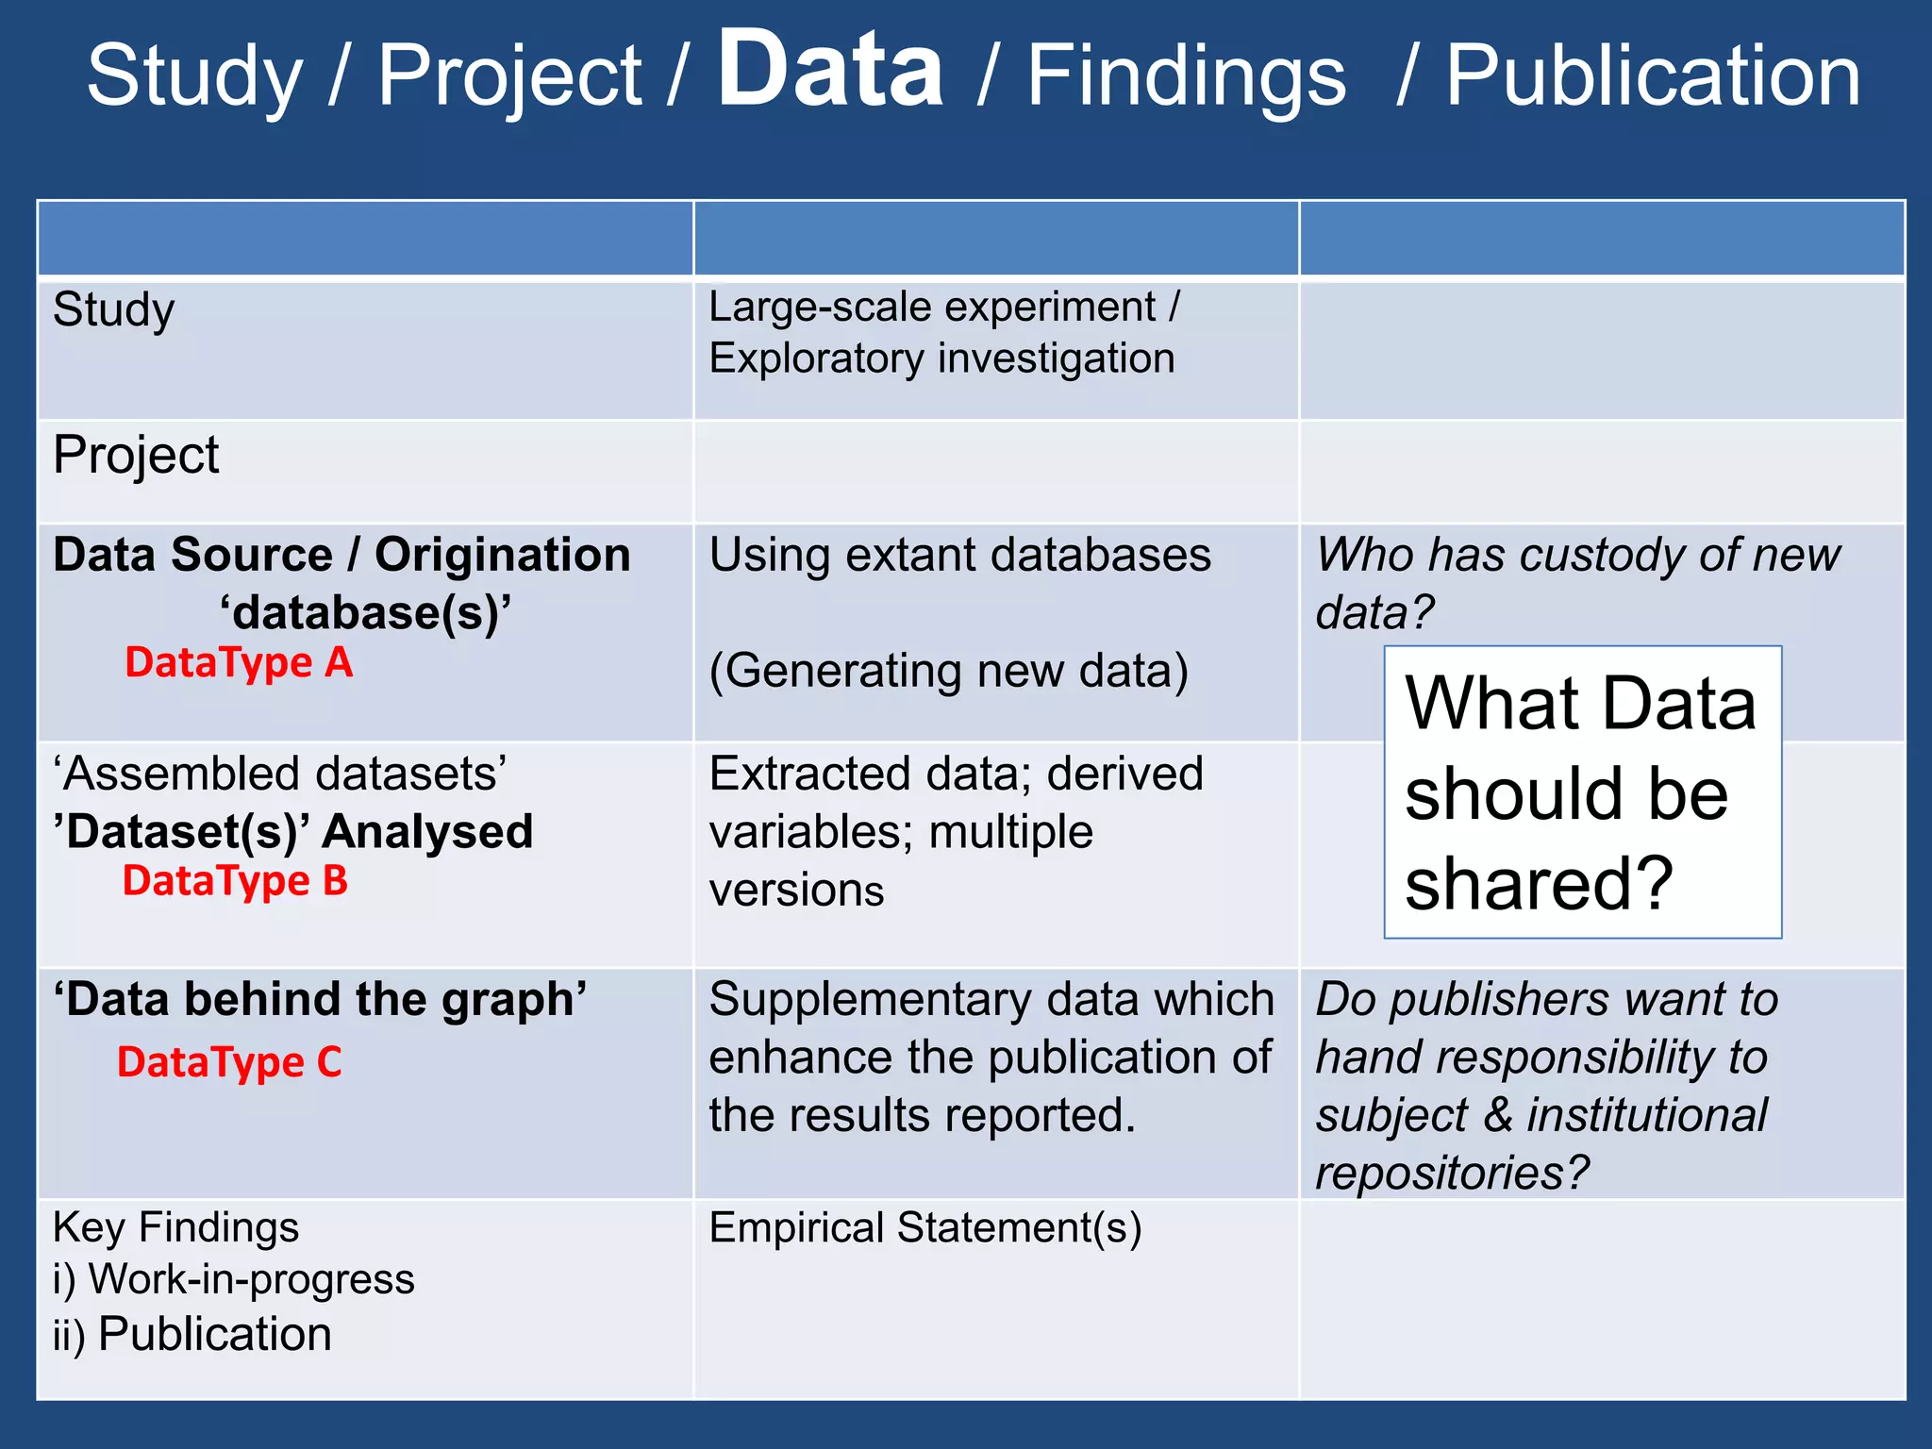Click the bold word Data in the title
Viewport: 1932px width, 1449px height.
point(830,70)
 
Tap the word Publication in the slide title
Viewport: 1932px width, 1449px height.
point(1653,77)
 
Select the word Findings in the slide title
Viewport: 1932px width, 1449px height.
point(1186,77)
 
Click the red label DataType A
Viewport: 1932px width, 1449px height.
point(239,663)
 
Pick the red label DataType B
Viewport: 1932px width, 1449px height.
point(235,881)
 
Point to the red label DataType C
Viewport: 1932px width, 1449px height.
point(229,1062)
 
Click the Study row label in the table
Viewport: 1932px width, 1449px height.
point(114,311)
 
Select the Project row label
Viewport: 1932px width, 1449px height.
point(136,456)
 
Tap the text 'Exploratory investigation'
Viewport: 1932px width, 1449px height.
point(941,359)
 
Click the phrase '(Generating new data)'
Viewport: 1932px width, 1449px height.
point(948,672)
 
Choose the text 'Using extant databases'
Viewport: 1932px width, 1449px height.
point(959,556)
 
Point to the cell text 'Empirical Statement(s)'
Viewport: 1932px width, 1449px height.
point(924,1228)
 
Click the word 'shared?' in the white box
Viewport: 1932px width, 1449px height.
point(1539,883)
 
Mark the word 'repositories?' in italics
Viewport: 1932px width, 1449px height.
point(1452,1174)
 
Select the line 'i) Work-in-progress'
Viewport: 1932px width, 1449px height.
point(233,1280)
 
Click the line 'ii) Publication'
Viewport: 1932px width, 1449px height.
point(192,1335)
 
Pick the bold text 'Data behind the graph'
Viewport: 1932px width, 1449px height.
point(320,1000)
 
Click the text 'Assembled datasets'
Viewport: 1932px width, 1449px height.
point(280,774)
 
